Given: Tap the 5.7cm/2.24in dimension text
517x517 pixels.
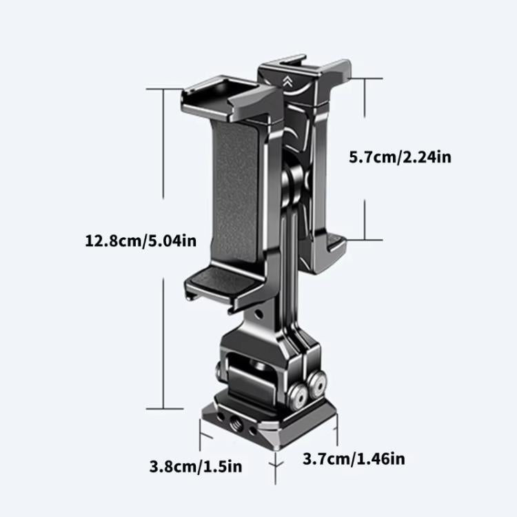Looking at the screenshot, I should pyautogui.click(x=400, y=156).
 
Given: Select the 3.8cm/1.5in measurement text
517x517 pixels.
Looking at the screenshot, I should pyautogui.click(x=196, y=467).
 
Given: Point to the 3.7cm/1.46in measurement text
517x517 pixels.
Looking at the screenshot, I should pyautogui.click(x=354, y=458).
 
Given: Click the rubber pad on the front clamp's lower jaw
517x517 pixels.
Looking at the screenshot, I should pyautogui.click(x=219, y=278).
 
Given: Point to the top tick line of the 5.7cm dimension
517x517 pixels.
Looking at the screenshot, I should pyautogui.click(x=365, y=79).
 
